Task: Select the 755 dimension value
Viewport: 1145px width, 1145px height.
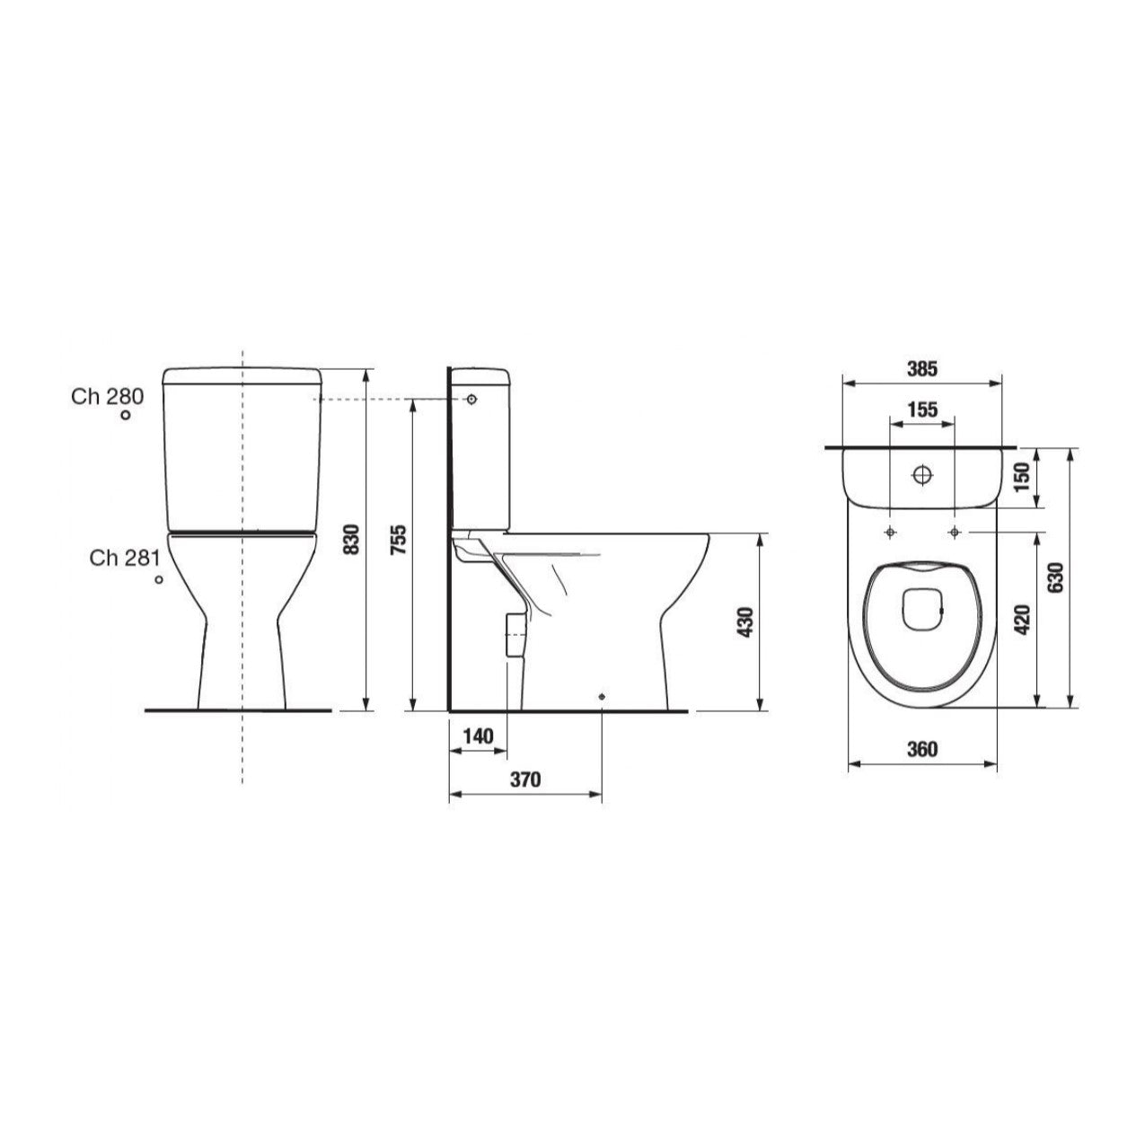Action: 401,539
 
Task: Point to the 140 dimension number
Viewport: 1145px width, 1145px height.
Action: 478,737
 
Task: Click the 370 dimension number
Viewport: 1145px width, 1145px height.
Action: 525,779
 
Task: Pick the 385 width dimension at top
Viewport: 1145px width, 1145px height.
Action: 921,368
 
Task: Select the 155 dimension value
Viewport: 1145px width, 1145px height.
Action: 921,410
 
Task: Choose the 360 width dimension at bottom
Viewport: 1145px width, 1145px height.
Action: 921,749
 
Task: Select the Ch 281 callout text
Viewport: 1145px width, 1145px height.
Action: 124,558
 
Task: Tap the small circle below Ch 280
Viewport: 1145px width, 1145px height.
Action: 127,415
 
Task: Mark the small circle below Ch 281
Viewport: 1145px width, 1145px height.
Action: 159,580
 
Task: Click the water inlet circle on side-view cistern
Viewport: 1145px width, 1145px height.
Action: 472,399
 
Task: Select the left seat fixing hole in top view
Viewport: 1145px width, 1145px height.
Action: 889,533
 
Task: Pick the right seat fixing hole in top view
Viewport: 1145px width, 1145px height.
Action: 954,533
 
